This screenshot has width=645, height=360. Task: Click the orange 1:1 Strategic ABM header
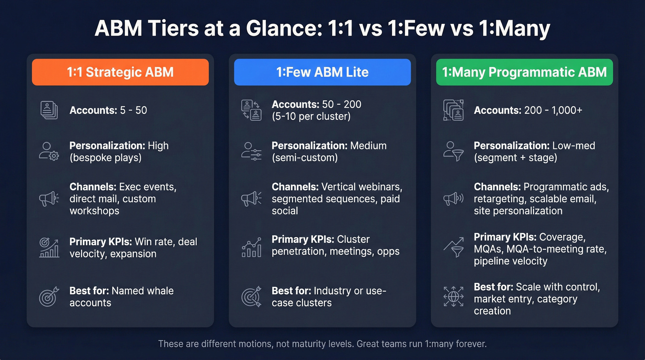[x=120, y=72]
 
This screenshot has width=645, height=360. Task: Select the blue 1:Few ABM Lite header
[x=322, y=72]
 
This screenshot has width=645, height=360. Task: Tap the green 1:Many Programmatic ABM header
[x=524, y=72]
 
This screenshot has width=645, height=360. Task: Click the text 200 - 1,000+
[x=553, y=110]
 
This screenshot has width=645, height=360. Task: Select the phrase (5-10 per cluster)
[x=311, y=116]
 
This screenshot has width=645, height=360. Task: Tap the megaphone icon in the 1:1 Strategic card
[x=49, y=199]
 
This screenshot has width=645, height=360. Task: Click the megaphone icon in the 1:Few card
[x=251, y=199]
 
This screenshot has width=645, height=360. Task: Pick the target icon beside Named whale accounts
[x=49, y=297]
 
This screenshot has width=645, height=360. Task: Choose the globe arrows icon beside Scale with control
[x=453, y=297]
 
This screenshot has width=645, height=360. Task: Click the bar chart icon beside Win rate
[x=49, y=248]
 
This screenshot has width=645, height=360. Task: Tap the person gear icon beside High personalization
[x=49, y=151]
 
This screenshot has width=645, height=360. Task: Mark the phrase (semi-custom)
[x=305, y=158]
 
